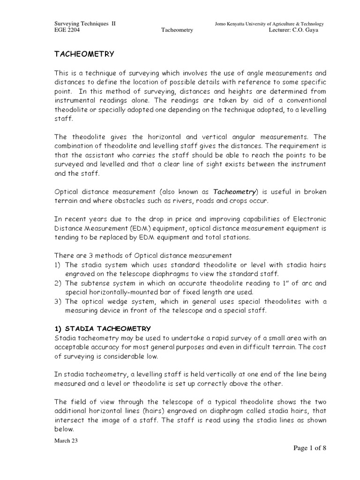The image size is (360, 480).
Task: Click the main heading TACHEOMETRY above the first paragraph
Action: pos(85,54)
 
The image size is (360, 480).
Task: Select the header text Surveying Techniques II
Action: pos(85,24)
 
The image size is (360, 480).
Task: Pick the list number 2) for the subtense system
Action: pos(59,283)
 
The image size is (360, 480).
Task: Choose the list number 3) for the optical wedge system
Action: pos(59,301)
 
